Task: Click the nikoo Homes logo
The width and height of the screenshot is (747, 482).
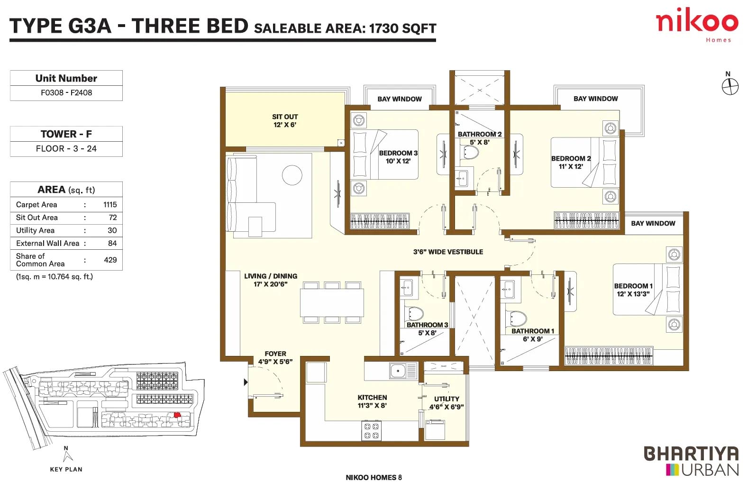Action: click(697, 25)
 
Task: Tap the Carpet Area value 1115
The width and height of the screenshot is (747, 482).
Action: click(110, 205)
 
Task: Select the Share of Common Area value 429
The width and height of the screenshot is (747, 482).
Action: click(110, 260)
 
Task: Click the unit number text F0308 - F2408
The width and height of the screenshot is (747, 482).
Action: click(66, 93)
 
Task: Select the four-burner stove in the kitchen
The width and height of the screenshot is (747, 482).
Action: click(372, 431)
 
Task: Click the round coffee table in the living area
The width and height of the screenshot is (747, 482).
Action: click(292, 175)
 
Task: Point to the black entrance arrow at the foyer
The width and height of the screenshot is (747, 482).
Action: click(246, 382)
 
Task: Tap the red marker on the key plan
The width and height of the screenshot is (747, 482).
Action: click(177, 415)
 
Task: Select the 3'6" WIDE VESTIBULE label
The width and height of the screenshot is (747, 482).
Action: click(448, 252)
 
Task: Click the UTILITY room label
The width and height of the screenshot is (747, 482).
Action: click(446, 399)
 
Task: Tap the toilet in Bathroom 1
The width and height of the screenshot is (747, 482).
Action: click(516, 318)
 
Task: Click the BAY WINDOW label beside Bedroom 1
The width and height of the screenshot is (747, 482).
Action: click(653, 224)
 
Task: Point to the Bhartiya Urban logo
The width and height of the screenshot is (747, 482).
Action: click(692, 461)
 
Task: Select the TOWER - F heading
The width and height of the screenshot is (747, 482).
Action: click(66, 134)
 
